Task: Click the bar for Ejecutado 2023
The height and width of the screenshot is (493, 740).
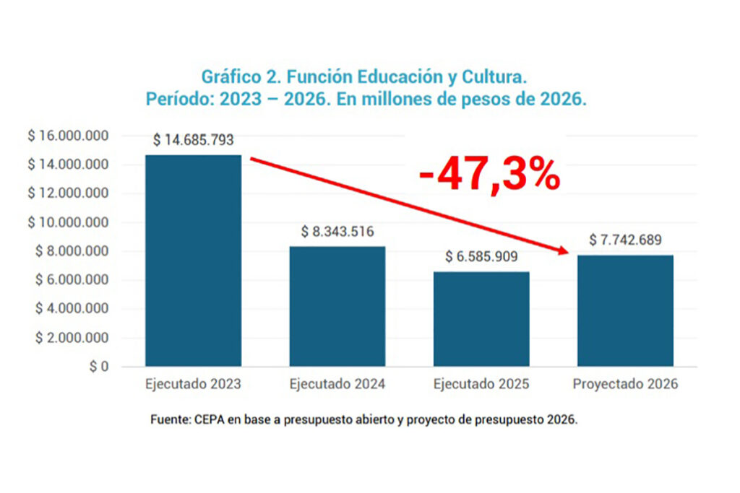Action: (x=193, y=261)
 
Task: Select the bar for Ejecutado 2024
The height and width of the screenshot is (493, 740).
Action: (x=337, y=306)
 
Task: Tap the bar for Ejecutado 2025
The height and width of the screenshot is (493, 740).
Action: (x=481, y=319)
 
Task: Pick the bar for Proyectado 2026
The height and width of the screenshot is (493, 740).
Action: (x=625, y=310)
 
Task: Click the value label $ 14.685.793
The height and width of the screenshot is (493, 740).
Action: (x=193, y=141)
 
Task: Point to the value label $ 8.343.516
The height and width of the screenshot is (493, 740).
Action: (x=337, y=232)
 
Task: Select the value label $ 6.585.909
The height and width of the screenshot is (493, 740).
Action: (x=481, y=257)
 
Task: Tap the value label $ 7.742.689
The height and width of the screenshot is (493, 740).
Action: (x=625, y=240)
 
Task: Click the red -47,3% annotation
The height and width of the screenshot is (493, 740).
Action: (x=489, y=175)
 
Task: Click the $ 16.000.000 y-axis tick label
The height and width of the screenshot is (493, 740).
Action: (x=68, y=136)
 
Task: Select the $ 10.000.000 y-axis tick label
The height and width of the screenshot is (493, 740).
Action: (x=68, y=222)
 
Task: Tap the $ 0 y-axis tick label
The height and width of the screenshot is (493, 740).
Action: (x=98, y=367)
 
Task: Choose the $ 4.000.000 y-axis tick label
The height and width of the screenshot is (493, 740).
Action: (x=71, y=309)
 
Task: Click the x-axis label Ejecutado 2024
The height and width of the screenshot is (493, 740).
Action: (x=337, y=384)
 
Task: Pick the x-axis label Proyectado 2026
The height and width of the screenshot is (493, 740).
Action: (x=625, y=384)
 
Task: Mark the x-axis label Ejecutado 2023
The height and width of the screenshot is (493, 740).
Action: (x=193, y=384)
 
